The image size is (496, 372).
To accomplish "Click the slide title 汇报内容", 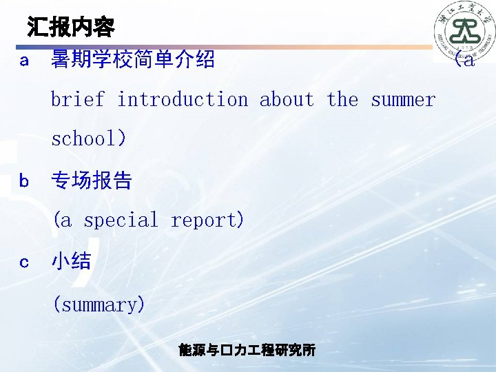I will point(71,28).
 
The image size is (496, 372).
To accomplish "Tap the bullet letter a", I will point(24,61).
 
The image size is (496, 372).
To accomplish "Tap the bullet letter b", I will point(24,181).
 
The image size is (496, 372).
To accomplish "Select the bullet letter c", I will point(24,262).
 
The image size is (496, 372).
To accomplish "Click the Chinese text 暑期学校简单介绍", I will point(133,61).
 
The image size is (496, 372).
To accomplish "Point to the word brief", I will point(78,100).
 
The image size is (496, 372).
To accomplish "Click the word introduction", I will point(182,100).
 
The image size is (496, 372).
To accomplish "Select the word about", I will point(287,100).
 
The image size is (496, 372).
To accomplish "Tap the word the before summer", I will point(342,100).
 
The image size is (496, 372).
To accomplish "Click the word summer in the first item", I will point(403,100).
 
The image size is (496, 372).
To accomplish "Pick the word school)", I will point(89,139).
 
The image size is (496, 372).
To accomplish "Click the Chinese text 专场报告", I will point(92,181).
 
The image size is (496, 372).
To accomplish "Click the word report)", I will point(207,220).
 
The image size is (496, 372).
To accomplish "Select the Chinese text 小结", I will point(72,262).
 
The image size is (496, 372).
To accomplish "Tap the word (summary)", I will point(99,304).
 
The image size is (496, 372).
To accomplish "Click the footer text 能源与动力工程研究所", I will point(247,350).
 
